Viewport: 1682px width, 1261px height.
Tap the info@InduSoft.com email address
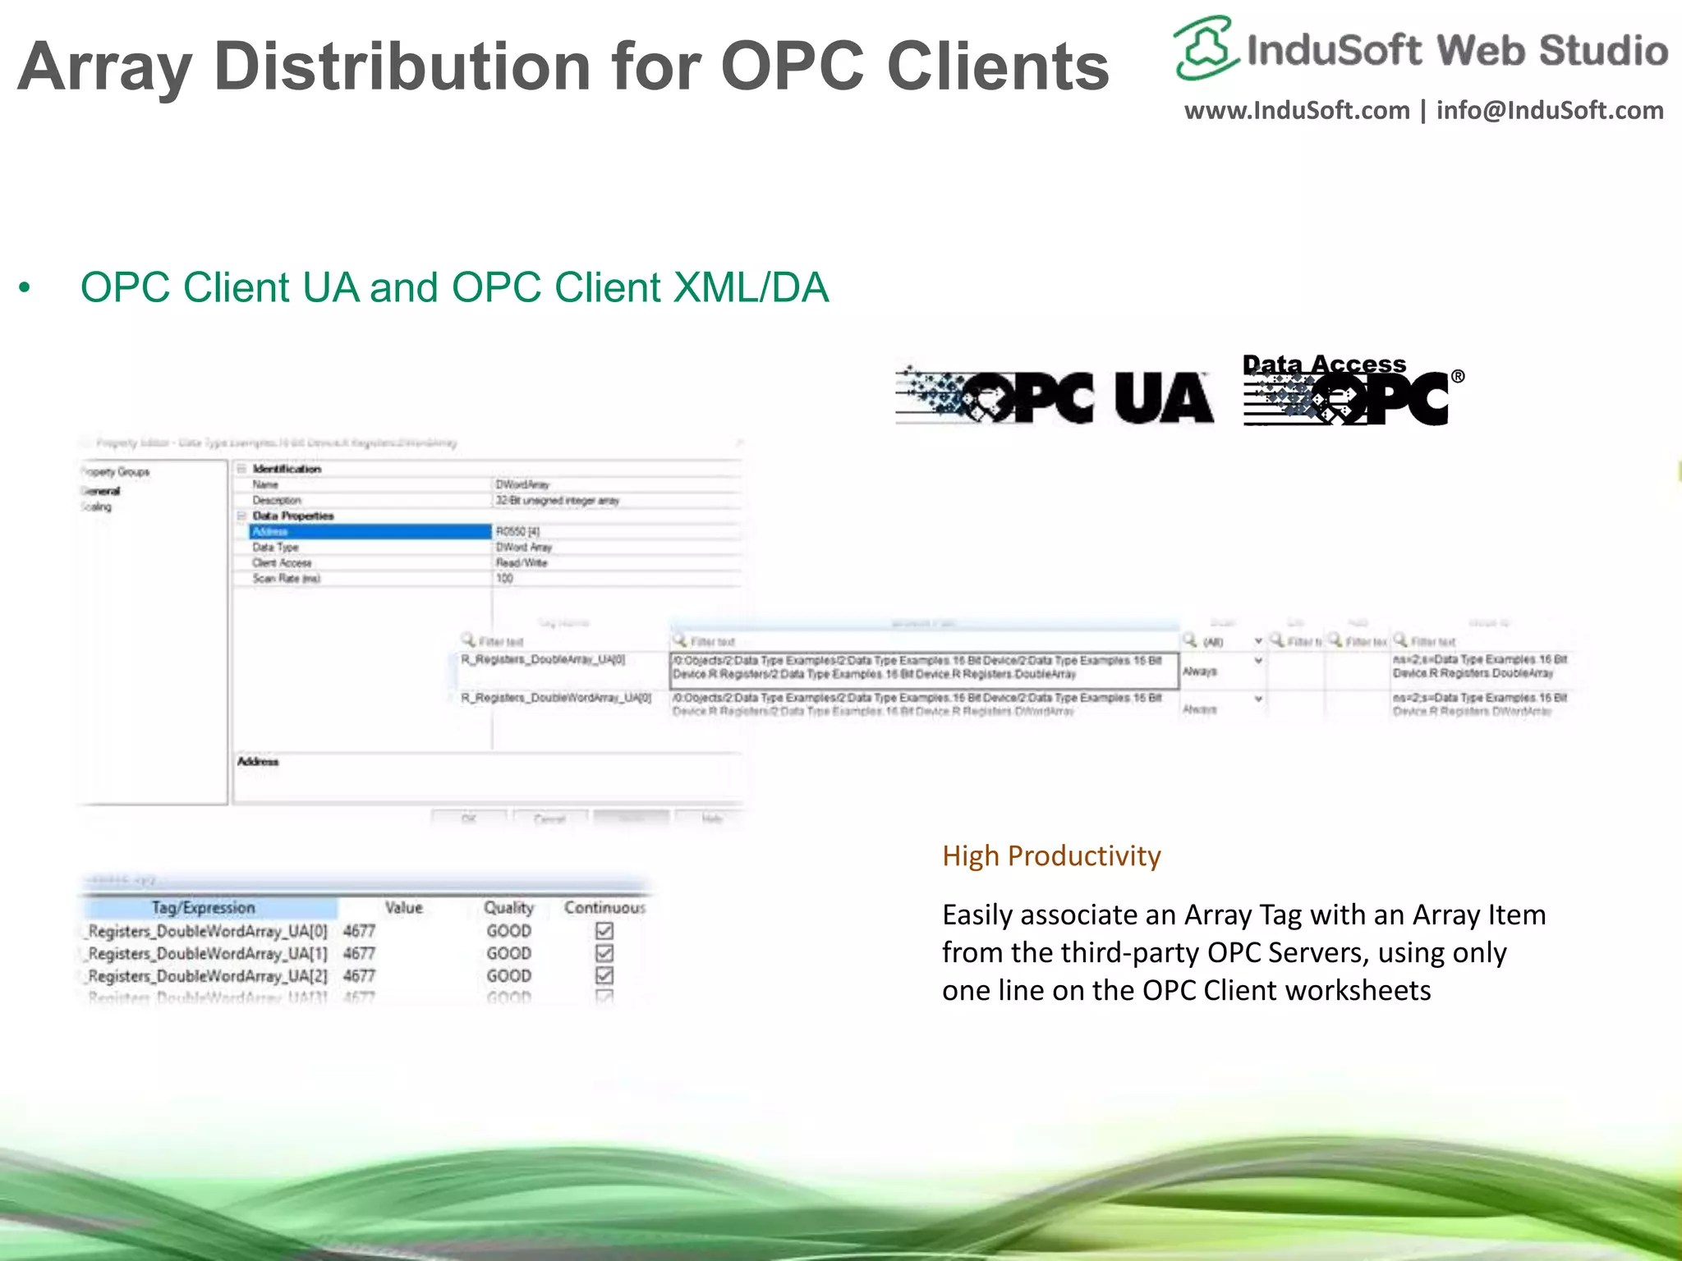(x=1550, y=111)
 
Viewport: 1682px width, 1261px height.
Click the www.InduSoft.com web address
(x=1297, y=111)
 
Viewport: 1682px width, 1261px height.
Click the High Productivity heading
(x=1051, y=856)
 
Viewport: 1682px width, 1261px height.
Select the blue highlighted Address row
(x=370, y=532)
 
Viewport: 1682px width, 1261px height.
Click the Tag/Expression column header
(x=204, y=908)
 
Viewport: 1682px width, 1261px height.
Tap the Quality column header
(x=508, y=908)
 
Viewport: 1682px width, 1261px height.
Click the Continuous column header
(x=604, y=908)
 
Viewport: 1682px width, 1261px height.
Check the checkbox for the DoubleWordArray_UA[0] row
(x=604, y=931)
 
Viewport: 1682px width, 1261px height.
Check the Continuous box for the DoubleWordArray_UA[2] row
(x=604, y=975)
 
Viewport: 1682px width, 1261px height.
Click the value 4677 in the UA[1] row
(x=360, y=954)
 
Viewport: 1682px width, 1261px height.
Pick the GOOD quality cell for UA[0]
(x=508, y=931)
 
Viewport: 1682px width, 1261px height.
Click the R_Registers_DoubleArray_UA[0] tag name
(x=543, y=660)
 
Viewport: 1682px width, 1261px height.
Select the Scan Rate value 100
(x=504, y=579)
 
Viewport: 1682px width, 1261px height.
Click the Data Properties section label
(x=293, y=516)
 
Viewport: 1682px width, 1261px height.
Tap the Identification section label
(x=287, y=470)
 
